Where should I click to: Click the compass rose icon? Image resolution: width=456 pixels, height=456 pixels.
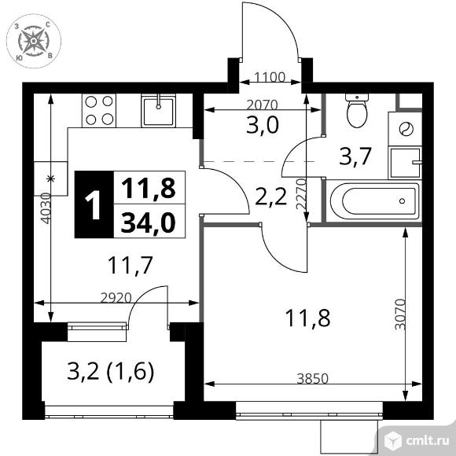point(34,41)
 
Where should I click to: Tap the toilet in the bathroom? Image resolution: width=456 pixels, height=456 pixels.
point(357,111)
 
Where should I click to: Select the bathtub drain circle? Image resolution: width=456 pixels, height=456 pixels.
point(403,201)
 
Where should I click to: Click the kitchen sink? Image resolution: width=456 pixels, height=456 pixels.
point(159,111)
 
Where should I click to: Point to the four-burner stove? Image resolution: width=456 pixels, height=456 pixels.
point(99,111)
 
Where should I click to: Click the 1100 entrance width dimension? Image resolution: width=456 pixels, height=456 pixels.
point(270,77)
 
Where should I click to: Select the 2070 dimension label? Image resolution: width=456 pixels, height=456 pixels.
point(262,105)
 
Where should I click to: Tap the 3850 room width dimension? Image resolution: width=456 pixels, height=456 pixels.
point(313,379)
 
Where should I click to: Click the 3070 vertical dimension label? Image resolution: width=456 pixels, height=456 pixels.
point(400,314)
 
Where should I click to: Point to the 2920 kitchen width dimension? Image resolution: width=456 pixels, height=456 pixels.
point(116,298)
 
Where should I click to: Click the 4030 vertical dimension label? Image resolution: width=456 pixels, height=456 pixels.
point(46,208)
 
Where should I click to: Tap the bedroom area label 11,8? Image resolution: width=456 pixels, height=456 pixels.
point(307,318)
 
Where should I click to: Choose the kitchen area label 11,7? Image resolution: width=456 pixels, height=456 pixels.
point(130,265)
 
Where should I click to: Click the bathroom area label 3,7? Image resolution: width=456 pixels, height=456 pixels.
point(355,156)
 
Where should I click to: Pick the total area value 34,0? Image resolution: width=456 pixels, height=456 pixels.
point(149,222)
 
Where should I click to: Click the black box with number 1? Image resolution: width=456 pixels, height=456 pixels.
point(94,204)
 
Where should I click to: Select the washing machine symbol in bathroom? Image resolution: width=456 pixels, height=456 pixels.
point(405,129)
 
